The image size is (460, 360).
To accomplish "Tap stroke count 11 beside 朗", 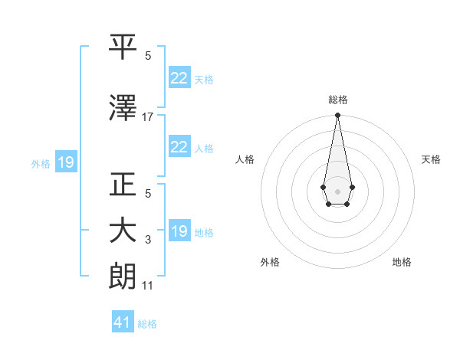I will tap(148, 286).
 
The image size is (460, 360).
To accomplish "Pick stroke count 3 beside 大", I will tap(148, 241).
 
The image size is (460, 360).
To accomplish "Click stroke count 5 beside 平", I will tap(148, 56).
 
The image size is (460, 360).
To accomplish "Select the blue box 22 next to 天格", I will tap(179, 78).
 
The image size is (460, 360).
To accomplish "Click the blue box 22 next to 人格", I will tap(179, 147).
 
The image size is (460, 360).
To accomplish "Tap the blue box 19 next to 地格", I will tap(179, 231).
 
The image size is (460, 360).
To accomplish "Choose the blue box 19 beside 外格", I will tap(65, 162).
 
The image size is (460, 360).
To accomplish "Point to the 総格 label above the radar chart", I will tap(337, 100).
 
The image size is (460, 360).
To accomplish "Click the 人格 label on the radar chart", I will tap(245, 159).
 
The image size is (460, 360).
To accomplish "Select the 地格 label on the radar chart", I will tap(402, 262).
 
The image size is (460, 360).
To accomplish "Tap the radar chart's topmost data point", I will tap(337, 116).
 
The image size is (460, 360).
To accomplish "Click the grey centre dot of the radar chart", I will tap(337, 190).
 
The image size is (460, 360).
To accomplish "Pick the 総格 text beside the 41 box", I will tap(147, 324).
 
